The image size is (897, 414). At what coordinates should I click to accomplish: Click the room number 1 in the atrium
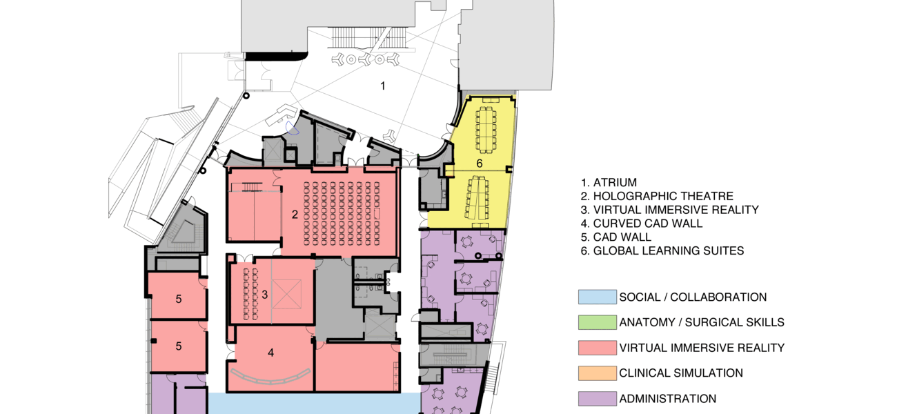pyautogui.click(x=383, y=86)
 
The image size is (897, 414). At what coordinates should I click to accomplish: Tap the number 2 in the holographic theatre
pyautogui.click(x=295, y=215)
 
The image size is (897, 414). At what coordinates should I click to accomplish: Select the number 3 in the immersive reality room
pyautogui.click(x=265, y=295)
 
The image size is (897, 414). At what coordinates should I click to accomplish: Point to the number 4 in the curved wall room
pyautogui.click(x=270, y=353)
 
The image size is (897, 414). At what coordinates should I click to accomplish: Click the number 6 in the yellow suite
pyautogui.click(x=480, y=164)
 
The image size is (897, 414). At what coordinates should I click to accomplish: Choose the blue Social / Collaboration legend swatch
pyautogui.click(x=597, y=297)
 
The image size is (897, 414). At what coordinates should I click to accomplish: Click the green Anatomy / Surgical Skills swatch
pyautogui.click(x=597, y=322)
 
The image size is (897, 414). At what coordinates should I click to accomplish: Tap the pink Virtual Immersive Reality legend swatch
pyautogui.click(x=597, y=348)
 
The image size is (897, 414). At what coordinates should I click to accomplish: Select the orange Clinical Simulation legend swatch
pyautogui.click(x=597, y=373)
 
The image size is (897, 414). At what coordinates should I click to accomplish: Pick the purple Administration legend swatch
pyautogui.click(x=597, y=398)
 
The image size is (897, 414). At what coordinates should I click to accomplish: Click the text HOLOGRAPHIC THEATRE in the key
pyautogui.click(x=663, y=196)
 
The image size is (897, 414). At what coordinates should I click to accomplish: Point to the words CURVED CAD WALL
pyautogui.click(x=648, y=224)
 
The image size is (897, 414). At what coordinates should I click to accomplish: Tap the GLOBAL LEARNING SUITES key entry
pyautogui.click(x=669, y=250)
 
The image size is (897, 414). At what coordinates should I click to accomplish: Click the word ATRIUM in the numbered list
pyautogui.click(x=615, y=183)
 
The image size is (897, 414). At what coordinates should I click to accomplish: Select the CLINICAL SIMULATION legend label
pyautogui.click(x=681, y=373)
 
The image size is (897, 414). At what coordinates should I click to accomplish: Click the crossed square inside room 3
pyautogui.click(x=286, y=294)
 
